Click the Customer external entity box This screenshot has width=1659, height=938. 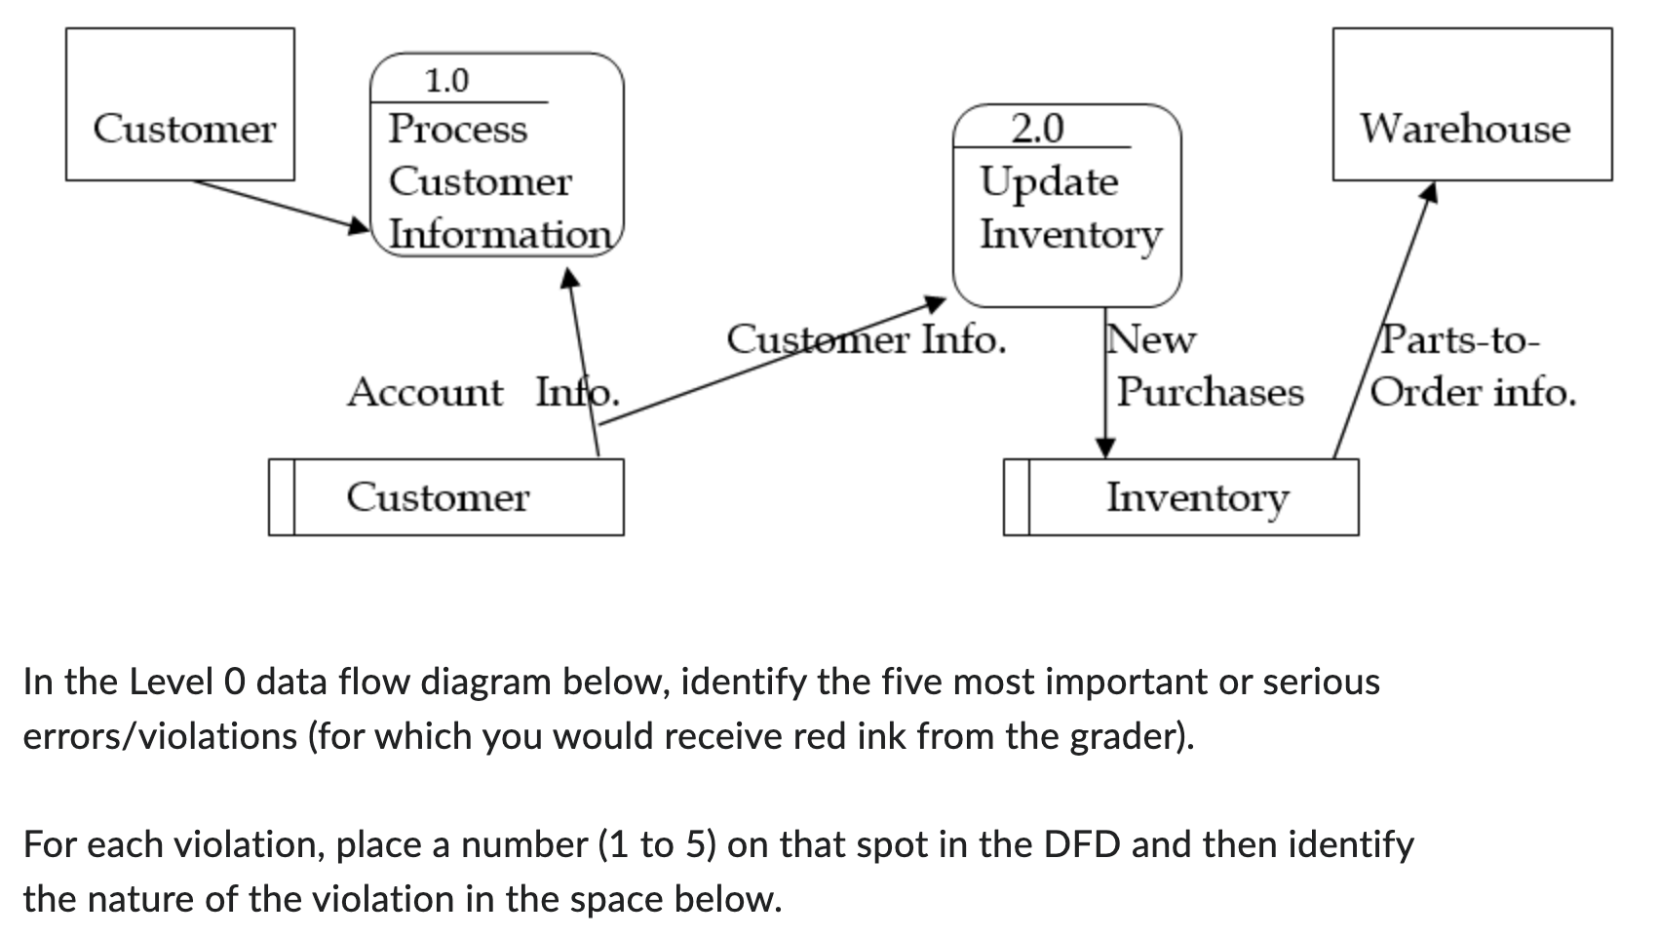point(180,104)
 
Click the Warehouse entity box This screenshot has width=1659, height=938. point(1471,104)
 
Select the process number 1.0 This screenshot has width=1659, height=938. point(445,81)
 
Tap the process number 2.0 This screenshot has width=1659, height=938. point(1038,128)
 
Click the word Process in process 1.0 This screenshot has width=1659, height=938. point(457,129)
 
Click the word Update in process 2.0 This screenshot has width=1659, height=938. point(1049,182)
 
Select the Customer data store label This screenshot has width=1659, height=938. point(438,497)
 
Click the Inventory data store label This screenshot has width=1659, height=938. point(1196,497)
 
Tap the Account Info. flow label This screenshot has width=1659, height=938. point(482,392)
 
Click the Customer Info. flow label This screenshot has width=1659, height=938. point(866,340)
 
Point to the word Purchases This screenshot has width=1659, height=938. point(1210,392)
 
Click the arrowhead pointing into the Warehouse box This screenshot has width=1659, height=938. point(1429,194)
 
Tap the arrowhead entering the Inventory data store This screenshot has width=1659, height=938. point(1105,448)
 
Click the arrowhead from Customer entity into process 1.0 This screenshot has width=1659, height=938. point(360,226)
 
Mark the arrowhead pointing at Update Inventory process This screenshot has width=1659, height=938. point(936,303)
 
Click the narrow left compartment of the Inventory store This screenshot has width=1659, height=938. point(1017,497)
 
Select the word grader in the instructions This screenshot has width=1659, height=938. point(1128,735)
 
